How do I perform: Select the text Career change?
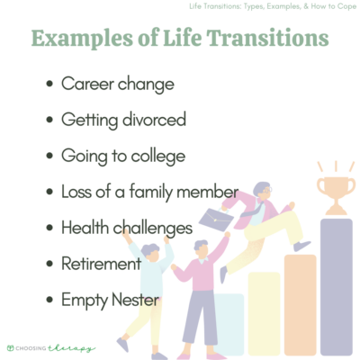coord(117,84)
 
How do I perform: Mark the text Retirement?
coord(102,264)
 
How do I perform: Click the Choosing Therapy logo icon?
coord(10,346)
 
